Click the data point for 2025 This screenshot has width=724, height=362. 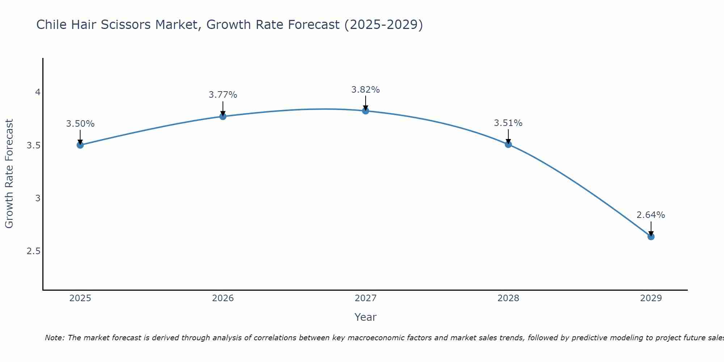[80, 145]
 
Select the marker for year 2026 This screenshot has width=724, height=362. [223, 116]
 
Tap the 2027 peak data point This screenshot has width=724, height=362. [366, 111]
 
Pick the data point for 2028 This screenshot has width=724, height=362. [508, 144]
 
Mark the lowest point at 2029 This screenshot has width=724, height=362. [651, 237]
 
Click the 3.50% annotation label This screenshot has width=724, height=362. [80, 124]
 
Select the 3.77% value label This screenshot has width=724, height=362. [223, 95]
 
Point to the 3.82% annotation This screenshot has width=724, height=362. [366, 89]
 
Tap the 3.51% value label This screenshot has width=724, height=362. [508, 123]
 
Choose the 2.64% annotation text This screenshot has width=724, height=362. [651, 215]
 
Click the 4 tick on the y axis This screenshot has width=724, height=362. [38, 92]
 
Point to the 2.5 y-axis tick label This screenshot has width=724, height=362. [33, 251]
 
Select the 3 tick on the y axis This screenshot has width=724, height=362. [38, 198]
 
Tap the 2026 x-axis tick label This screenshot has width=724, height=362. [223, 298]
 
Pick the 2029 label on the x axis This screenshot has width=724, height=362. [651, 298]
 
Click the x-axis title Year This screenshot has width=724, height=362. [366, 317]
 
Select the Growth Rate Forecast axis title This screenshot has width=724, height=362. [9, 174]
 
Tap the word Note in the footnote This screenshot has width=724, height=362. [54, 338]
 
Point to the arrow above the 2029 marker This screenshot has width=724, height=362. [651, 228]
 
